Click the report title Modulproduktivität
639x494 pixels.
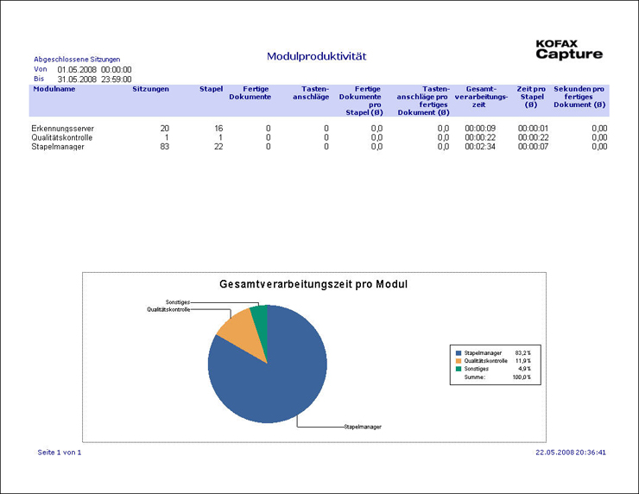[317, 56]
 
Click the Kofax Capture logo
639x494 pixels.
[568, 50]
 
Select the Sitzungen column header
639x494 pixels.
[151, 89]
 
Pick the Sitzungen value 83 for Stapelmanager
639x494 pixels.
[164, 147]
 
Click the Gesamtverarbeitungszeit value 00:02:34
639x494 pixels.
[479, 147]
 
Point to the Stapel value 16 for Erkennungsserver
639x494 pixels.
[218, 129]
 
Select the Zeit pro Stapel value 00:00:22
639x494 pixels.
[534, 138]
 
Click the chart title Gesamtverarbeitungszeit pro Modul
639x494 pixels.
[313, 284]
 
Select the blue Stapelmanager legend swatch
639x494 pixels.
[459, 353]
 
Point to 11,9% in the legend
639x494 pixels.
[522, 361]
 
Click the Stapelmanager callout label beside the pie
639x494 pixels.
[363, 427]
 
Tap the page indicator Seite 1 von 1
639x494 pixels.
[60, 452]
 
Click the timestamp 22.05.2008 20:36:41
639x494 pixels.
[571, 452]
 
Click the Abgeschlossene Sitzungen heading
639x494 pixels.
[77, 59]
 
